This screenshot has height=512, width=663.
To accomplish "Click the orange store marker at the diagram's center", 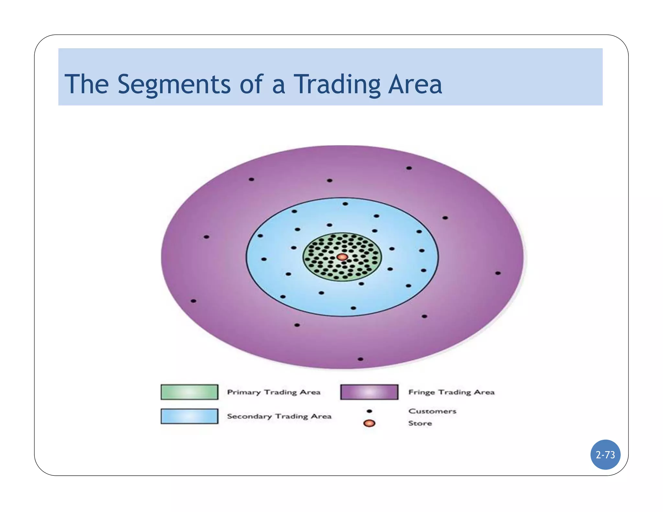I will (x=342, y=257).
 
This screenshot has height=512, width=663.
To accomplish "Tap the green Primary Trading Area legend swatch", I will (x=189, y=392).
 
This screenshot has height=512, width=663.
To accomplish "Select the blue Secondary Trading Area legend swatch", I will (x=189, y=416).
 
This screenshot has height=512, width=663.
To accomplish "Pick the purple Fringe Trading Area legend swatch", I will (x=369, y=392).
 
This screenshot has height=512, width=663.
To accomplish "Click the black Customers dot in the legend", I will (x=369, y=411).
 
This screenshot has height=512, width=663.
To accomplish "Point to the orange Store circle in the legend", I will (x=369, y=423).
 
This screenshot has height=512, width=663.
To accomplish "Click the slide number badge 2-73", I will (x=605, y=455).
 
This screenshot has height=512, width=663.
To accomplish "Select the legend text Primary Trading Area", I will (x=274, y=392).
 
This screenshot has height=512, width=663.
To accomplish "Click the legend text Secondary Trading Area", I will (x=279, y=416).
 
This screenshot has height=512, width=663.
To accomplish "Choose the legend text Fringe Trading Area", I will (x=451, y=392).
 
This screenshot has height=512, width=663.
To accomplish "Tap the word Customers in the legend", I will (x=432, y=411).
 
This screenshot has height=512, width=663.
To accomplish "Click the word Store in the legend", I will (x=420, y=423).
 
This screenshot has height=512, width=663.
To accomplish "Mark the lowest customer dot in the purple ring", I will (x=360, y=359).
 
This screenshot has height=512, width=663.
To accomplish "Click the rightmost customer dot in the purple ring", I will (x=498, y=273).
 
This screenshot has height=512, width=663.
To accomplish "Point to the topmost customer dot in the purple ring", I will (x=409, y=168).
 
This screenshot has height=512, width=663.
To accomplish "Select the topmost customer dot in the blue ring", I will (x=345, y=204).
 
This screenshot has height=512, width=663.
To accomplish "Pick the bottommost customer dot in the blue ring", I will (x=353, y=308).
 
